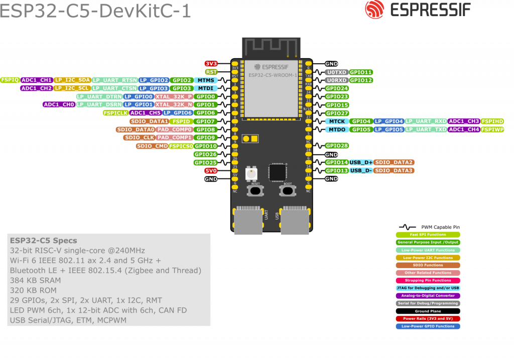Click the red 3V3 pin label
coord(211,64)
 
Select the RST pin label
coord(211,72)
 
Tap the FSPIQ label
coord(10,80)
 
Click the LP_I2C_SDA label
coord(72,80)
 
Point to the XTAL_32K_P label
coord(174,96)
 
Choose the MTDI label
coord(206,88)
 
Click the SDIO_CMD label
coord(152,146)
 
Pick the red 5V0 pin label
coord(211,171)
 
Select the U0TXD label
coord(336,72)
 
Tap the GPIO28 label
coord(337,146)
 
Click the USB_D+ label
coord(361,162)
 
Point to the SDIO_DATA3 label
coord(394,171)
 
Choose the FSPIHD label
coord(492,122)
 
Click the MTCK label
coord(337,122)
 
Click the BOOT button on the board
coord(287,190)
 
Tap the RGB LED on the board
coord(251,174)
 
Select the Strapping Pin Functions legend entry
coord(428,281)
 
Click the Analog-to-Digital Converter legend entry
coord(428,296)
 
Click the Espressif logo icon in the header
coord(374,10)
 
